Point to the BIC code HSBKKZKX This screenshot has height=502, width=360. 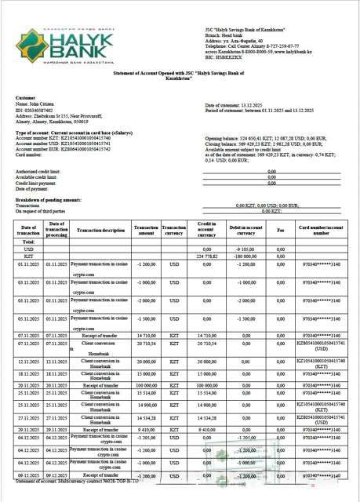(x=219, y=58)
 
